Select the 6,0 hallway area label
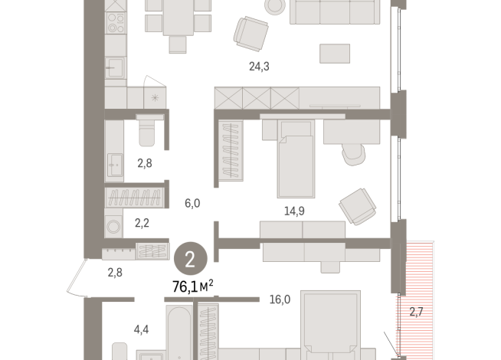[192, 203]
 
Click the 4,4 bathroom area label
[142, 330]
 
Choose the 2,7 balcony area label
[416, 312]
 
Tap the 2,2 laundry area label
[142, 224]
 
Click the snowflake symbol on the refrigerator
[156, 97]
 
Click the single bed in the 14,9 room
[295, 162]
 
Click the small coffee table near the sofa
[335, 54]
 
